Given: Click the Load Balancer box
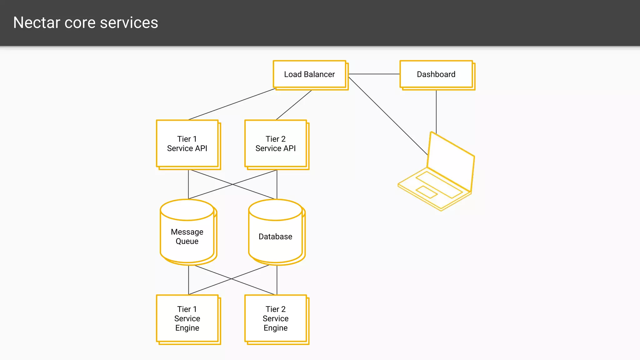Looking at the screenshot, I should click(x=309, y=74).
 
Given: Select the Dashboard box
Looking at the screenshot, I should click(x=436, y=74).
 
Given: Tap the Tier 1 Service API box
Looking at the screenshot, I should click(x=187, y=144).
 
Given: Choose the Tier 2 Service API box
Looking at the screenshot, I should click(x=276, y=144).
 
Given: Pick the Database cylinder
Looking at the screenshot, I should click(x=275, y=237).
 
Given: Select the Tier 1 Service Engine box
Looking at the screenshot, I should click(x=187, y=318).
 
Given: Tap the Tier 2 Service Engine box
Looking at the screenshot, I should click(x=276, y=318).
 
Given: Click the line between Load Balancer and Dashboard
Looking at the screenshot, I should click(x=374, y=74).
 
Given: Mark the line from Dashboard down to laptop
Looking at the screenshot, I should click(x=436, y=111).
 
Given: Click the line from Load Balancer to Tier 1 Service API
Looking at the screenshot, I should click(x=232, y=104).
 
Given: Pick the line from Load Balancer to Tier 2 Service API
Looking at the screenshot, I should click(x=294, y=105).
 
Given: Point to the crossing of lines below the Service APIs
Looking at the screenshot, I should click(x=232, y=184).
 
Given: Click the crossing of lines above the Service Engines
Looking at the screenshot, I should click(x=232, y=278).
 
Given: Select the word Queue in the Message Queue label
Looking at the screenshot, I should click(x=187, y=241).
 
